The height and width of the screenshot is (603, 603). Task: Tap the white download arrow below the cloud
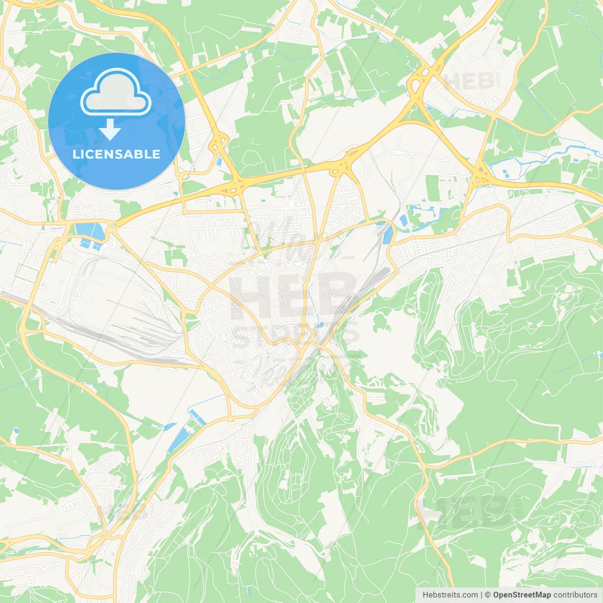(x=110, y=130)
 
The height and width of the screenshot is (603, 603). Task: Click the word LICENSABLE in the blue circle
(x=116, y=154)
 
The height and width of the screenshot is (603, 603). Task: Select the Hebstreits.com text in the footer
(x=450, y=595)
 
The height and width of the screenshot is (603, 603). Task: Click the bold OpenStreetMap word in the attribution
(x=522, y=595)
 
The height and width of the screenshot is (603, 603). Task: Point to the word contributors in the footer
(x=575, y=595)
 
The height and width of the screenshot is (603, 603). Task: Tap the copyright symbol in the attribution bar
(x=488, y=595)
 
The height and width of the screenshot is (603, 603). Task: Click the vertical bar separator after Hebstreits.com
(x=481, y=595)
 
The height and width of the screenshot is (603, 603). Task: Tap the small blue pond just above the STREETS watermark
(x=320, y=325)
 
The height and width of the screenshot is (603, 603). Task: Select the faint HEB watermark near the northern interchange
(x=469, y=81)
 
